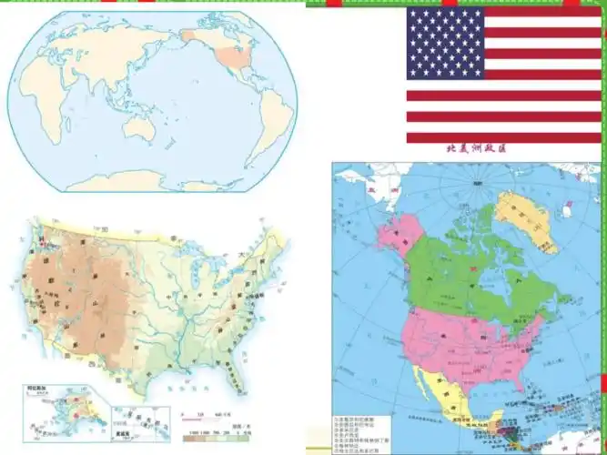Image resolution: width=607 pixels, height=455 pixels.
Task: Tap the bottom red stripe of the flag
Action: click(x=502, y=137)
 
